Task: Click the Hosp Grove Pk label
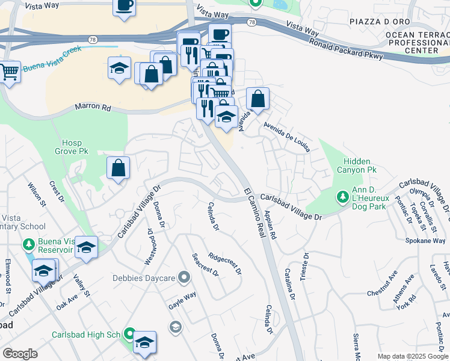75,147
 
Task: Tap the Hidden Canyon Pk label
360,166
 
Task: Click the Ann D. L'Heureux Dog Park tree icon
342,196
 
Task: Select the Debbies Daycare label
143,278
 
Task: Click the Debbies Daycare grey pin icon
184,278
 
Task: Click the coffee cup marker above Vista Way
125,6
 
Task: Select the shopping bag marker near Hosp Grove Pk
119,168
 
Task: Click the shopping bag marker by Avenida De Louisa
257,99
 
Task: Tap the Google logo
20,354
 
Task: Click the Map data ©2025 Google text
413,356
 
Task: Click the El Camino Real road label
255,212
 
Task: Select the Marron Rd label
93,108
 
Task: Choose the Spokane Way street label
425,241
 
